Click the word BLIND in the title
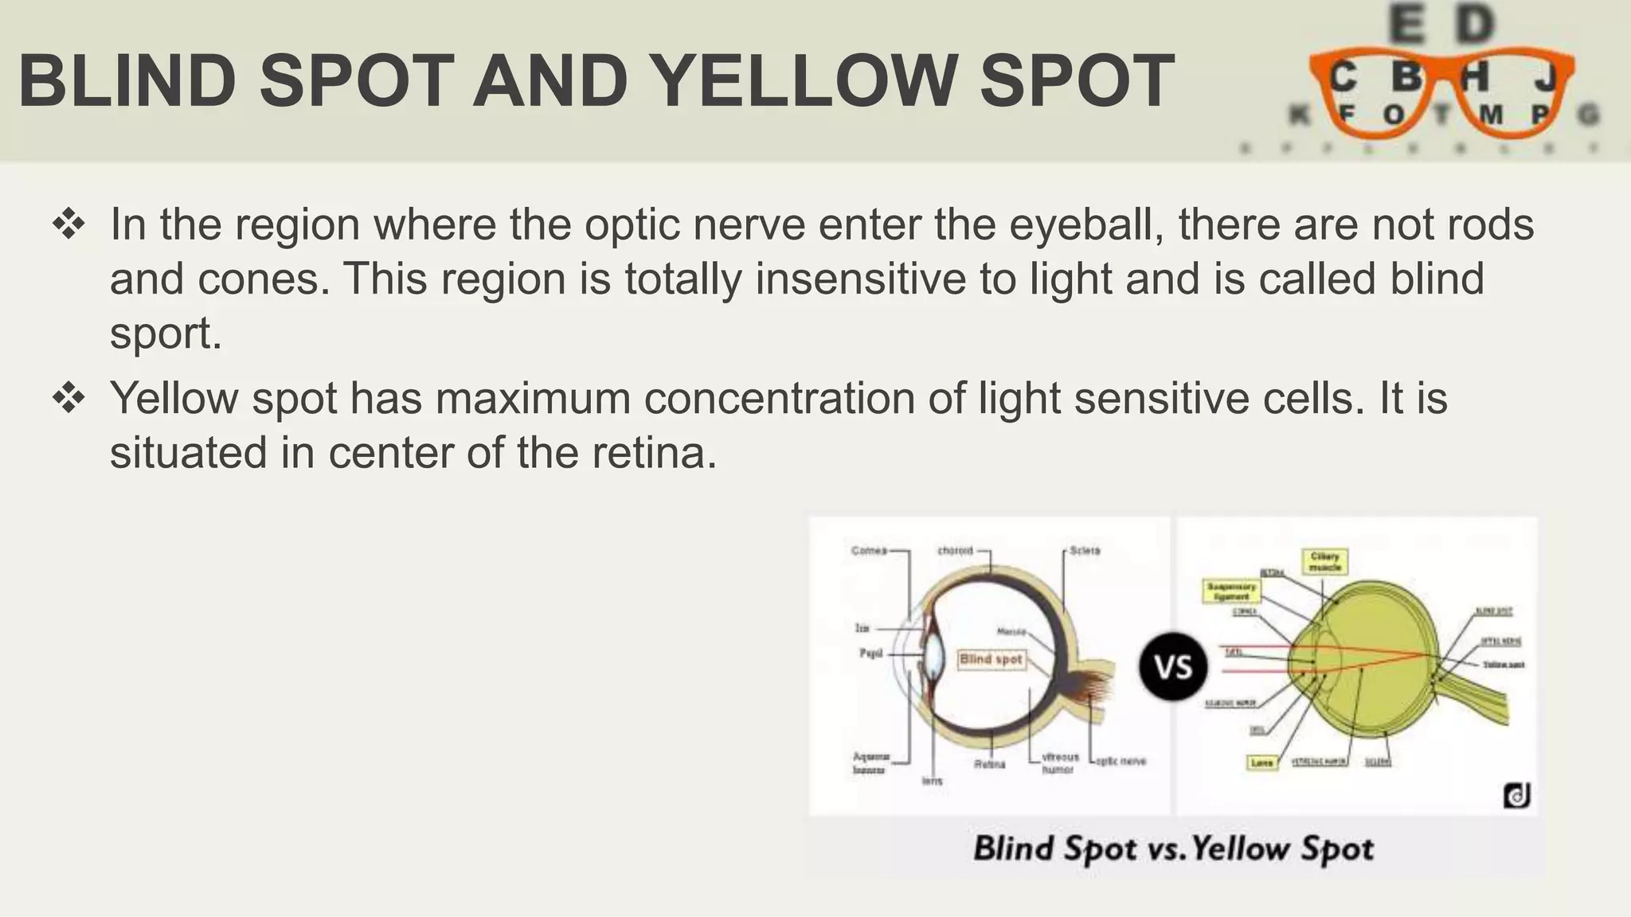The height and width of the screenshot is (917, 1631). point(127,82)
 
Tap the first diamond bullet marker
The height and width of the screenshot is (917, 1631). point(69,224)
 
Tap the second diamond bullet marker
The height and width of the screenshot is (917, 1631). point(69,398)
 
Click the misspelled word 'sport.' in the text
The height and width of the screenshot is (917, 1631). point(166,333)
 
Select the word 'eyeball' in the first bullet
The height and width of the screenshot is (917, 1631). point(1085,224)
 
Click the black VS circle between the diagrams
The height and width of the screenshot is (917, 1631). point(1173,666)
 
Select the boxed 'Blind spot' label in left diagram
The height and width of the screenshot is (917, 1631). point(991,659)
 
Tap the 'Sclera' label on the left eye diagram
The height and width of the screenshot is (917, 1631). point(1085,550)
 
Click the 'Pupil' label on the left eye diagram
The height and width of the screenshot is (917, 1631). point(870,653)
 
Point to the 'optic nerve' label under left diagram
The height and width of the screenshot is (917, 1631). point(1121,761)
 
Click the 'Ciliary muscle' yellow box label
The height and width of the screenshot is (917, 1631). point(1325,562)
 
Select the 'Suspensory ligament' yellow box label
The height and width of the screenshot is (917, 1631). point(1231,591)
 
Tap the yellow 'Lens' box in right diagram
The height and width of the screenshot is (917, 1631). point(1262,763)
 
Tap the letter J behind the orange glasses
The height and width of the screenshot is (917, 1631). point(1545,78)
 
